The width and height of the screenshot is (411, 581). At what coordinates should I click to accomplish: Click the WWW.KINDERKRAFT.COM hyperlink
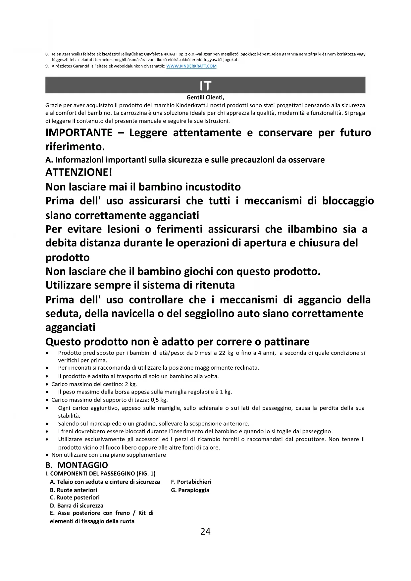click(x=191, y=66)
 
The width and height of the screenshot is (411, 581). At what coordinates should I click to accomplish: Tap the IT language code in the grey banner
click(x=205, y=86)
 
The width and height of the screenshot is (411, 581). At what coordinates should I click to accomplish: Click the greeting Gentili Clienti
click(x=205, y=98)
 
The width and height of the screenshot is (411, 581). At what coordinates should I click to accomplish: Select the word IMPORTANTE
click(x=79, y=133)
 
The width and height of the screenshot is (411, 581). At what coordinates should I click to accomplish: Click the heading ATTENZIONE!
click(x=79, y=173)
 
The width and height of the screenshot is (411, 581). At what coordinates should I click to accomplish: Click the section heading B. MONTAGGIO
click(x=77, y=465)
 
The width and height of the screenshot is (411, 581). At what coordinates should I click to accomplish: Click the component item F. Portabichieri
click(x=191, y=482)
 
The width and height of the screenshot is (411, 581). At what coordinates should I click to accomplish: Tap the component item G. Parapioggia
click(x=190, y=490)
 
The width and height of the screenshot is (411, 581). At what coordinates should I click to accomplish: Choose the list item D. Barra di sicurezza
click(x=77, y=506)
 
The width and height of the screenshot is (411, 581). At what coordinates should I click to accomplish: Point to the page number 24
click(x=205, y=532)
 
